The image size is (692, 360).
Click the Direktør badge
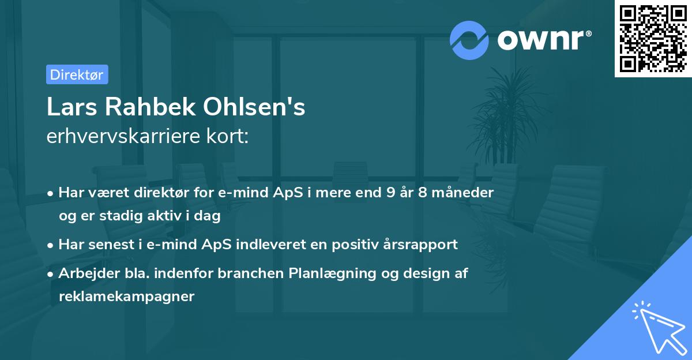pyautogui.click(x=77, y=74)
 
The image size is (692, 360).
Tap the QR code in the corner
pyautogui.click(x=653, y=39)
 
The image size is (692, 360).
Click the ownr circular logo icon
pyautogui.click(x=469, y=40)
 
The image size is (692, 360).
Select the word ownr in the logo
pyautogui.click(x=544, y=40)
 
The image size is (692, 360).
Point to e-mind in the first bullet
pyautogui.click(x=238, y=193)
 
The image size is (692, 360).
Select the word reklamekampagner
pyautogui.click(x=126, y=297)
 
